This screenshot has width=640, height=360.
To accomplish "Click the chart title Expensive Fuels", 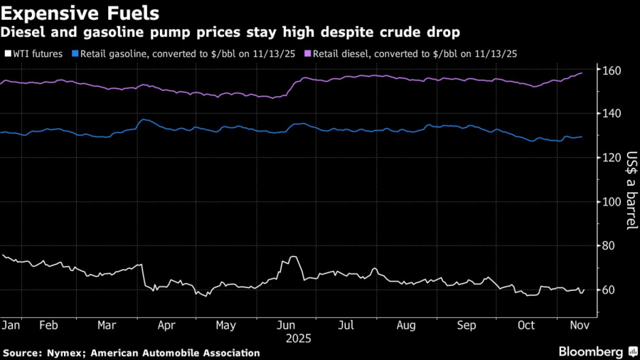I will pyautogui.click(x=80, y=13).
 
